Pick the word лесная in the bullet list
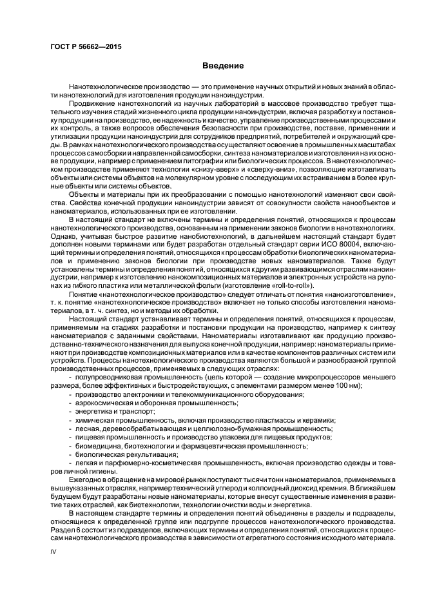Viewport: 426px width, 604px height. click(84, 427)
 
